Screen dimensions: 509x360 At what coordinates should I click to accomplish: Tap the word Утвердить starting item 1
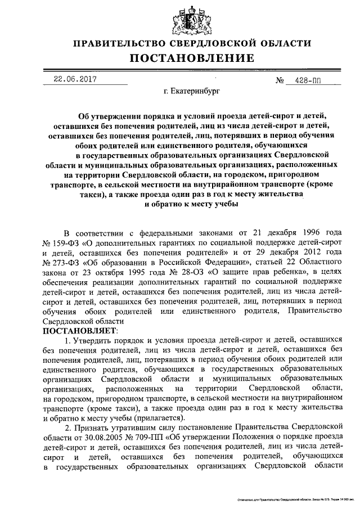[93, 340]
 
